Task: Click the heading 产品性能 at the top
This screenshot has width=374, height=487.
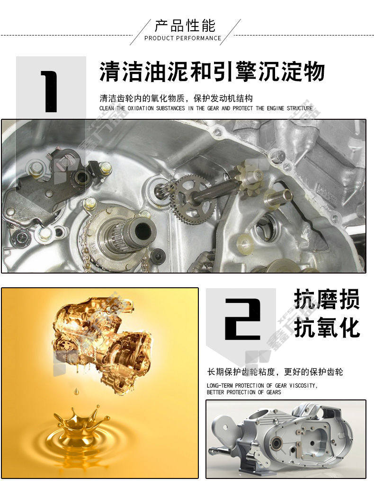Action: tap(185, 26)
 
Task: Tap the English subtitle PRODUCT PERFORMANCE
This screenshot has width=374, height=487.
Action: tap(183, 38)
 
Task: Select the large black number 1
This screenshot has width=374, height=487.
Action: tap(50, 91)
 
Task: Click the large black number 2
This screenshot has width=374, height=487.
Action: tap(242, 319)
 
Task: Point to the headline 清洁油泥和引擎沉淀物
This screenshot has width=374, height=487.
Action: tap(212, 71)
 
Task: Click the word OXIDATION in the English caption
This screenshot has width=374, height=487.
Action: tap(141, 108)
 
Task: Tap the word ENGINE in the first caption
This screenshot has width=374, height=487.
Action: tap(275, 108)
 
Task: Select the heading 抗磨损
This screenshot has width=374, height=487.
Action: tap(327, 299)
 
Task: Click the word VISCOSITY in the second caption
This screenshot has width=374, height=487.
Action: tap(303, 386)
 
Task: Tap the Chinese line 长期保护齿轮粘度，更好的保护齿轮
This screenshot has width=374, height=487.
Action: tap(275, 372)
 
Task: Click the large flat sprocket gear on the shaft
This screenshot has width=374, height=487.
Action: tap(191, 199)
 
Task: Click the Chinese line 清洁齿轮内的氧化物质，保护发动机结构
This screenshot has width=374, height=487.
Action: tap(176, 98)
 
